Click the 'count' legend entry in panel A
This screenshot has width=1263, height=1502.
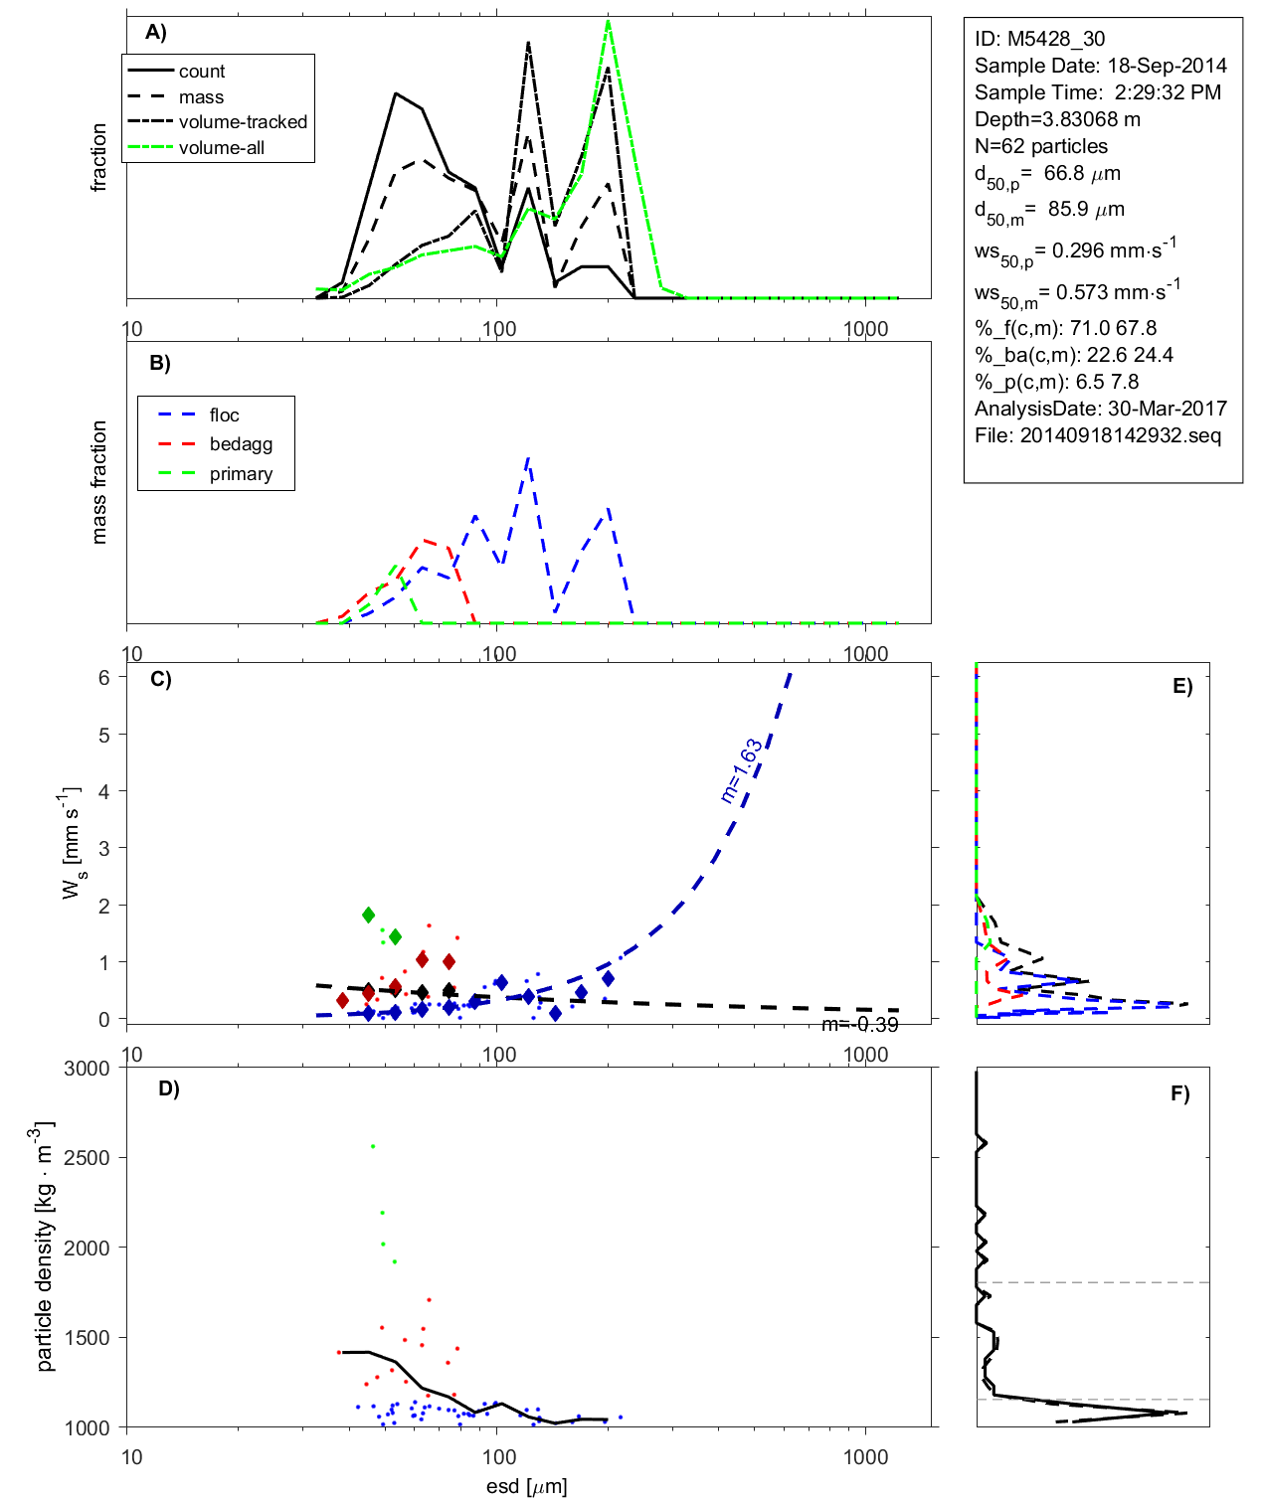(x=202, y=72)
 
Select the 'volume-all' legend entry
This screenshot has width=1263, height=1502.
(x=222, y=148)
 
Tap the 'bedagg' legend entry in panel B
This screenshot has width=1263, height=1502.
(x=241, y=444)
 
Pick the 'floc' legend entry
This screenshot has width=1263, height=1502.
(x=224, y=416)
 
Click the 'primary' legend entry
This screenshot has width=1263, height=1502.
(x=241, y=474)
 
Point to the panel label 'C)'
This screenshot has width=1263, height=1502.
(x=160, y=680)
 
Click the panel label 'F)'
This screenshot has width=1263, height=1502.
(x=1179, y=1093)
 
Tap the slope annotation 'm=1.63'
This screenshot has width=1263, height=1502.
(x=742, y=770)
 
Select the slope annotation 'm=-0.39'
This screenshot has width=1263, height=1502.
(x=860, y=1025)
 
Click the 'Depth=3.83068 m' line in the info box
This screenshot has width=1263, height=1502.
(x=1057, y=119)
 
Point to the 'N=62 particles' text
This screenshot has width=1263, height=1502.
(x=1040, y=146)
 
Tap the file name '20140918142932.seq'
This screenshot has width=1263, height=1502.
(x=1120, y=435)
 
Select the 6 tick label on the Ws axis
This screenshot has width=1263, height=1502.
(x=103, y=677)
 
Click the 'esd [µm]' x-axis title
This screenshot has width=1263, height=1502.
(x=526, y=1486)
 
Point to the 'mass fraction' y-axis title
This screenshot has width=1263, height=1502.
(x=98, y=482)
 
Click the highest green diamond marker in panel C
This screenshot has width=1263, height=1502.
(x=369, y=915)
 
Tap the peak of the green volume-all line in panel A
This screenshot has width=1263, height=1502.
(x=608, y=21)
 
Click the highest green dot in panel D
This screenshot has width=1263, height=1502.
(x=373, y=1146)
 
